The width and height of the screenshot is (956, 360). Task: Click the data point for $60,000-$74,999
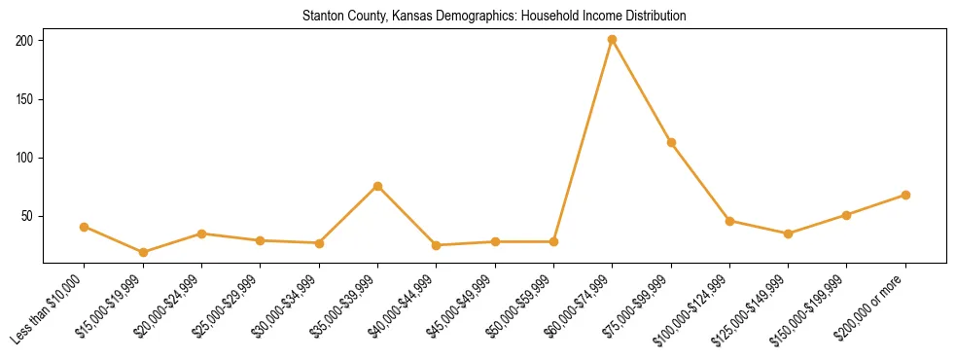tap(612, 40)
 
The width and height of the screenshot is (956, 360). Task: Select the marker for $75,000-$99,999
tap(671, 143)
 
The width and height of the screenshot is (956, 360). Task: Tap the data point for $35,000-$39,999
tap(377, 186)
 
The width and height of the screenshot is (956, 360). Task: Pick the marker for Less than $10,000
tap(85, 227)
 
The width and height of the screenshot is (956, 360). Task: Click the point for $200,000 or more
tap(905, 195)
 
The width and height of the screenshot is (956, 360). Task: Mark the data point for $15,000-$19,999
tap(143, 252)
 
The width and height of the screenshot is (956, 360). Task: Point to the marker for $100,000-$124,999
tap(729, 221)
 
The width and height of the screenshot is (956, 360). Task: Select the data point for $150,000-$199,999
tap(846, 215)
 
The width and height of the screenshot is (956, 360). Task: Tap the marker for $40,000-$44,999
tap(436, 245)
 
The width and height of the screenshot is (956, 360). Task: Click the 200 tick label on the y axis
tap(24, 41)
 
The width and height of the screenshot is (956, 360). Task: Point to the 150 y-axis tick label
tap(24, 99)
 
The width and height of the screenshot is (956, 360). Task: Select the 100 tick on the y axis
tap(24, 158)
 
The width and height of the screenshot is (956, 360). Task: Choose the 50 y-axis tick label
tap(27, 216)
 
